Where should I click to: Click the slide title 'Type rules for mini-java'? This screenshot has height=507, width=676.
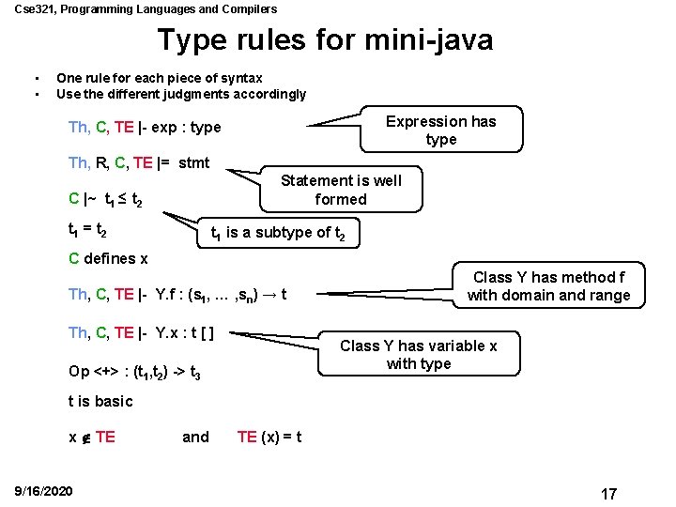(x=325, y=40)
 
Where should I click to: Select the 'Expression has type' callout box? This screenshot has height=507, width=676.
(x=440, y=130)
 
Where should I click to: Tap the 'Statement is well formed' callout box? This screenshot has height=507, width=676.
(x=341, y=190)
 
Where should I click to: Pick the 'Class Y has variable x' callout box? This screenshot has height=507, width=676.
(x=419, y=354)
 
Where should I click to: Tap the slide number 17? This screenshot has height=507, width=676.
(x=608, y=493)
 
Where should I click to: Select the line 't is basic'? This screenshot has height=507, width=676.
(x=101, y=401)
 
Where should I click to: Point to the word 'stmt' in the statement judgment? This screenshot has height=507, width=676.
(x=193, y=162)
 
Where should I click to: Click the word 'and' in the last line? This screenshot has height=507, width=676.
(x=195, y=437)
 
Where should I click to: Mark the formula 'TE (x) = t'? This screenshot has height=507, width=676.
(x=269, y=437)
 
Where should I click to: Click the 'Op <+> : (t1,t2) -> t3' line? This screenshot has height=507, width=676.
(x=134, y=371)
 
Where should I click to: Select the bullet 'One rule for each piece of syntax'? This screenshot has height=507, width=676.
(x=160, y=78)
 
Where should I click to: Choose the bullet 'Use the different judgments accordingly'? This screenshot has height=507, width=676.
(x=181, y=94)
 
